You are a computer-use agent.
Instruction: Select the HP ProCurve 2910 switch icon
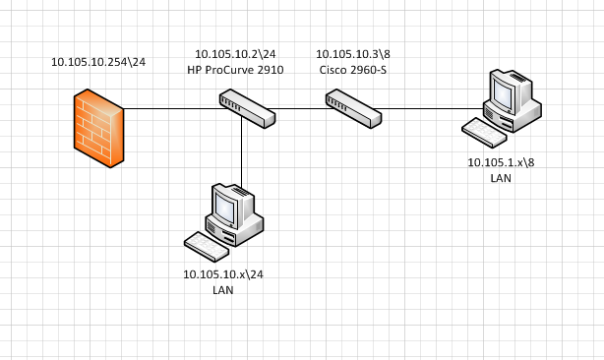[x=247, y=107]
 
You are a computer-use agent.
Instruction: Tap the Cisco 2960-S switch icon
[x=354, y=107]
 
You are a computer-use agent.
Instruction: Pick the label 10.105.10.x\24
[x=223, y=274]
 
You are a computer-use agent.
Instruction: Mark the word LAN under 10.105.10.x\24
[x=223, y=290]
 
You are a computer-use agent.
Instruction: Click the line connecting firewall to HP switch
[x=172, y=108]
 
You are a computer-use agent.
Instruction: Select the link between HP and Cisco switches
[x=300, y=108]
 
